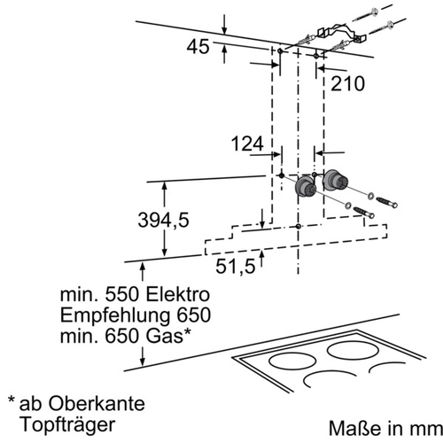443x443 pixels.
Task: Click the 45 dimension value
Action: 198,47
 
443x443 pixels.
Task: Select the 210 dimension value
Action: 347,83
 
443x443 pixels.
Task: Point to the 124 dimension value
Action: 247,144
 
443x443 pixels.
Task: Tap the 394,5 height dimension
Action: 163,220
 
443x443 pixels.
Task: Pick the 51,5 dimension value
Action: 236,267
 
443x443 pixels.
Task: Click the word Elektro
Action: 178,294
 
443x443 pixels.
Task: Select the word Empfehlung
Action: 115,316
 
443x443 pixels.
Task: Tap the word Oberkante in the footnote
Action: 97,404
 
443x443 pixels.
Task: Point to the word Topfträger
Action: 67,425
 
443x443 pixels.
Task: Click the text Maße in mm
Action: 385,428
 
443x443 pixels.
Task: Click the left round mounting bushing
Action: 306,187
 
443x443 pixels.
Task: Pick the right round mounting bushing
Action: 334,180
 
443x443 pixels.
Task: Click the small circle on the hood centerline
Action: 299,227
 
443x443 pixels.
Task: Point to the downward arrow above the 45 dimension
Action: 224,24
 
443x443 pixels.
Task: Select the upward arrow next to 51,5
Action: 261,258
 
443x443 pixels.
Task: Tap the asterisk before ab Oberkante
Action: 12,400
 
